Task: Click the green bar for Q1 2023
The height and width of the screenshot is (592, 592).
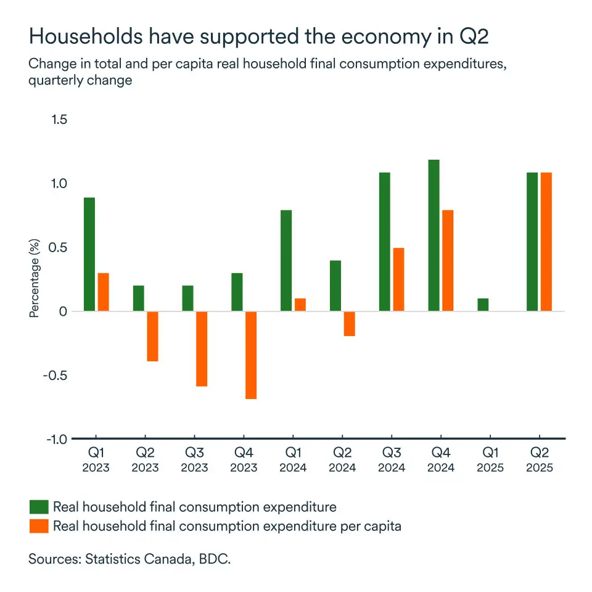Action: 89,254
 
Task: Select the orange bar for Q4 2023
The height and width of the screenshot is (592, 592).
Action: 251,355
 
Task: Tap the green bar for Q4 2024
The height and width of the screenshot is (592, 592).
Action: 434,236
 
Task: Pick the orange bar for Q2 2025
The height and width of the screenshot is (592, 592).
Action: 546,242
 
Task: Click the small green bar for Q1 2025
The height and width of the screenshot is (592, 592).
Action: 483,305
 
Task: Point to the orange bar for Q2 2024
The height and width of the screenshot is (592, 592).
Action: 350,324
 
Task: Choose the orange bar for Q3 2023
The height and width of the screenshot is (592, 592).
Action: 202,349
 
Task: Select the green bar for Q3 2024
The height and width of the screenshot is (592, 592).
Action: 385,242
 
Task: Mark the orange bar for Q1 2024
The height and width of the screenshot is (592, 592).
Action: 300,305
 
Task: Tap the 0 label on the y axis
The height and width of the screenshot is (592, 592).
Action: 62,311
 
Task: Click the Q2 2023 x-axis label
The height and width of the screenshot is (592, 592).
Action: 145,460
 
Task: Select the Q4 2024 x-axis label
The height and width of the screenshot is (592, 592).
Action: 441,460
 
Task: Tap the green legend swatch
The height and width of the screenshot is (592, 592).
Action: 38,507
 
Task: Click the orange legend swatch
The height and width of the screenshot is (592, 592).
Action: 38,526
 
